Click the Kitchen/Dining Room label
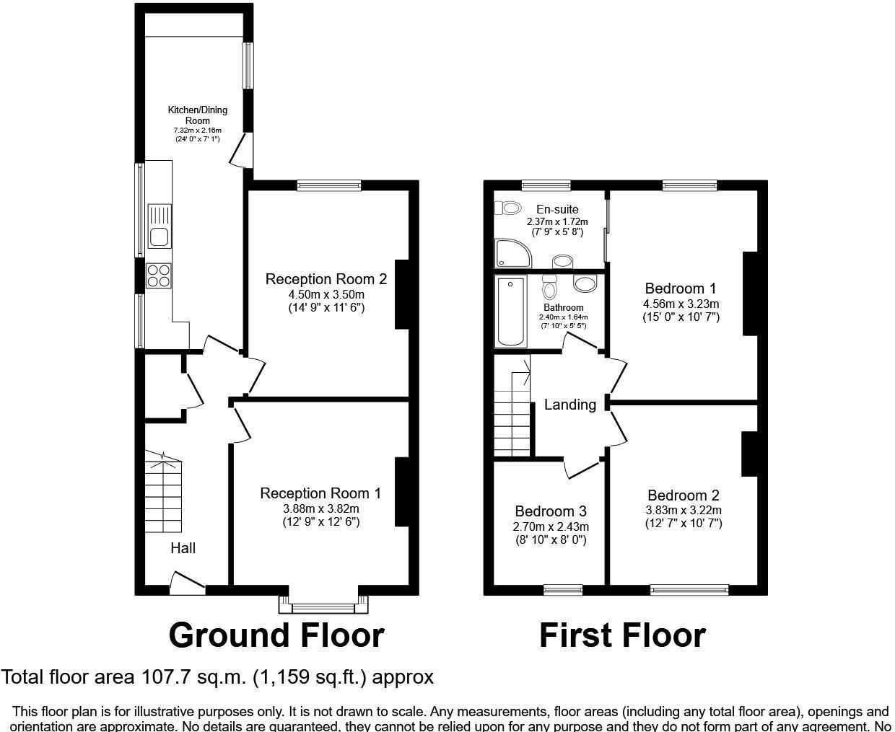pos(197,115)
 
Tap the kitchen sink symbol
pos(158,226)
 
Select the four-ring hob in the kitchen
pos(159,276)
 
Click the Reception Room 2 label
pos(326,279)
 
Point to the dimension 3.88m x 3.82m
pos(320,509)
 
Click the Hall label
pos(183,548)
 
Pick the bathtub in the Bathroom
pos(511,312)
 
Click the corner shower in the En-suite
pos(512,254)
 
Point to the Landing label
pos(569,405)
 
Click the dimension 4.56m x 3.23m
pos(681,304)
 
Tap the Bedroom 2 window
pos(689,590)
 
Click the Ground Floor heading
pos(276,635)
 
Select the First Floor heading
pos(622,635)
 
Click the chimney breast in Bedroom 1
pos(751,294)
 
